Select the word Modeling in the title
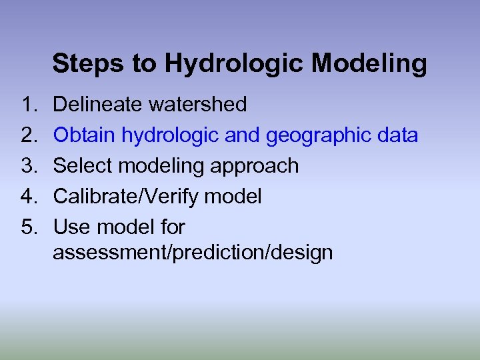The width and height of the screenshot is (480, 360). pos(369,64)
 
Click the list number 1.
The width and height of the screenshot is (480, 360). pos(29,105)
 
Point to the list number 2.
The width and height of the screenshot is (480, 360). pos(29,135)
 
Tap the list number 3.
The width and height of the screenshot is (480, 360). pos(29,166)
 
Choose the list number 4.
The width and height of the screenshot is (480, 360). pos(29,197)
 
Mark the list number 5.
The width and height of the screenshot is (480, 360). pos(29,227)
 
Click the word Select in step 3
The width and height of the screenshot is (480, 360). pos(81,166)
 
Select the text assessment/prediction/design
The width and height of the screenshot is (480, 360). pos(193,253)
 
